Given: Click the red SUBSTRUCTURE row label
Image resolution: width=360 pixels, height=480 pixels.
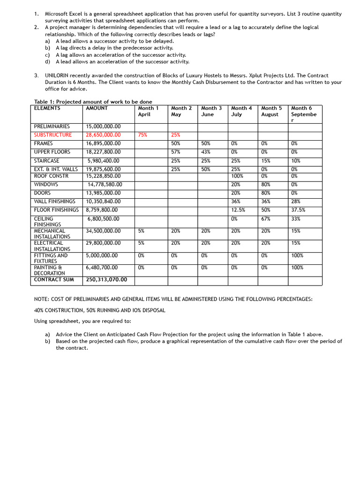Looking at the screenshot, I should pyautogui.click(x=53, y=135).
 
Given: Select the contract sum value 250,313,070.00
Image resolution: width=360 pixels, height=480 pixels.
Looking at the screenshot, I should pyautogui.click(x=106, y=280).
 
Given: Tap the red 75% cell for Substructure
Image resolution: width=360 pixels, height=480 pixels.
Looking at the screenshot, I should pyautogui.click(x=142, y=135).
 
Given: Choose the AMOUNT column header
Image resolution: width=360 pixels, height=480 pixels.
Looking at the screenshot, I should pyautogui.click(x=97, y=108).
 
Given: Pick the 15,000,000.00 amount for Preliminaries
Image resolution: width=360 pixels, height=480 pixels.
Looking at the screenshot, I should pyautogui.click(x=103, y=127).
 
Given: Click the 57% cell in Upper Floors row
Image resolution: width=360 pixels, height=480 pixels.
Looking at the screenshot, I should pyautogui.click(x=176, y=152).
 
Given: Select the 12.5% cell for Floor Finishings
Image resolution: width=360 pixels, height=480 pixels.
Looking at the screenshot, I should pyautogui.click(x=238, y=210).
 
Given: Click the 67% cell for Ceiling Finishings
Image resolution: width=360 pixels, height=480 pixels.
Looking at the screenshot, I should pyautogui.click(x=266, y=219).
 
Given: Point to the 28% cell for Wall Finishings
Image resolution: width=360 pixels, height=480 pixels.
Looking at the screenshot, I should pyautogui.click(x=295, y=201).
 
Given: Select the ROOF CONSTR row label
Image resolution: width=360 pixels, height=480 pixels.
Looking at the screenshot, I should pyautogui.click(x=51, y=176).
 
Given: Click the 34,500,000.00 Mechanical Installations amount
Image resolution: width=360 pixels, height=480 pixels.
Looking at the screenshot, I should pyautogui.click(x=103, y=231).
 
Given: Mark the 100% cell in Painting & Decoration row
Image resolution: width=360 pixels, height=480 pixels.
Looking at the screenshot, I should pyautogui.click(x=297, y=268).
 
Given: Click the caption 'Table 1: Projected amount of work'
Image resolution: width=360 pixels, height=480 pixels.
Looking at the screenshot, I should pyautogui.click(x=93, y=102).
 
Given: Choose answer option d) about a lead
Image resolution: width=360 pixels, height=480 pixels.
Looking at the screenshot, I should pyautogui.click(x=122, y=61).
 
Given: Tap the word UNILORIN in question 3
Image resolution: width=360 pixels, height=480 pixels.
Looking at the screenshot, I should pyautogui.click(x=58, y=75).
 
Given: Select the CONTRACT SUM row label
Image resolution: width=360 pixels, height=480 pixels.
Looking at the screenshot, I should pyautogui.click(x=54, y=280).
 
